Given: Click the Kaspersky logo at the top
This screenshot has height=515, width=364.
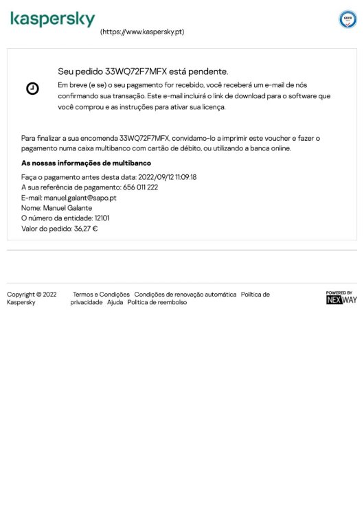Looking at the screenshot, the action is [x=52, y=20].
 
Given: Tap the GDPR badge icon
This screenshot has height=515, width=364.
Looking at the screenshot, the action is [x=348, y=19].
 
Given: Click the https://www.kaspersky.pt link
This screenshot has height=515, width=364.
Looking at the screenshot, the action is [x=142, y=32].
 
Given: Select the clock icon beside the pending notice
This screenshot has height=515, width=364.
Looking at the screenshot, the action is [x=32, y=89].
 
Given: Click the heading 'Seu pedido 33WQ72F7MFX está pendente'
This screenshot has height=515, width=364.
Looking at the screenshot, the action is [x=143, y=71].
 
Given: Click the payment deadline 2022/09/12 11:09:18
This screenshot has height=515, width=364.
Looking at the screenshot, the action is [x=168, y=176].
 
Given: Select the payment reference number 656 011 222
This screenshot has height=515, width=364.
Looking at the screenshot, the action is [x=140, y=187].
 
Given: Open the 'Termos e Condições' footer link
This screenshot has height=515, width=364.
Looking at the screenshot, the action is [x=101, y=295].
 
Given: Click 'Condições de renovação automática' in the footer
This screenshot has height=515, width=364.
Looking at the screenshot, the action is [x=185, y=295].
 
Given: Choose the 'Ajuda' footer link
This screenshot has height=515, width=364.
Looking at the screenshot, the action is [x=115, y=302].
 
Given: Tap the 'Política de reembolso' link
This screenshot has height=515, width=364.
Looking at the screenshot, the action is [x=157, y=302].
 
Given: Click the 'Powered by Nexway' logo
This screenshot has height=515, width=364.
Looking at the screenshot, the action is [x=341, y=297].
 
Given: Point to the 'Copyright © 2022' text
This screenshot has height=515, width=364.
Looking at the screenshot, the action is [x=32, y=295].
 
